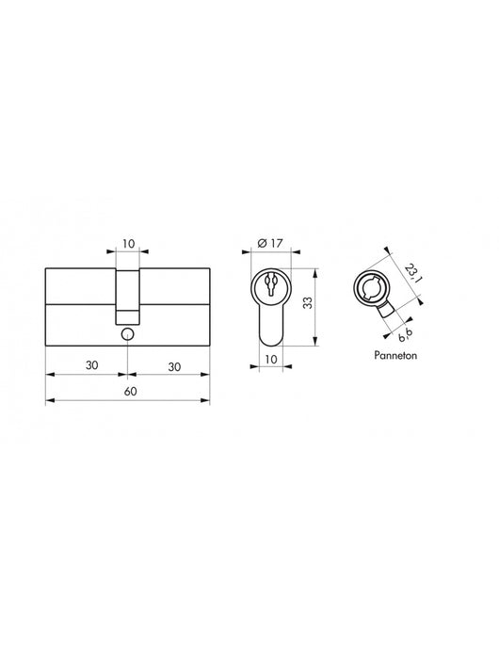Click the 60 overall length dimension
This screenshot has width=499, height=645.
point(126,392)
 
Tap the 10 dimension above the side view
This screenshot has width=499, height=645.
point(127,244)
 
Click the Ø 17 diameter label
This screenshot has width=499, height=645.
point(272,244)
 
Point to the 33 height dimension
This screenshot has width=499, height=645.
point(319,304)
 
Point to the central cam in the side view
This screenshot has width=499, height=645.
point(127,292)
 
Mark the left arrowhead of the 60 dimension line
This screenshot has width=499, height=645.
point(48,402)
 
